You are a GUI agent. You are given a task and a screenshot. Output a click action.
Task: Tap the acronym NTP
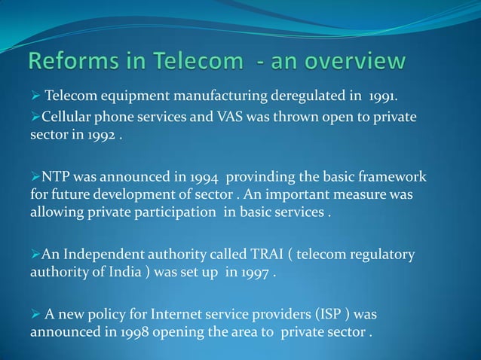[x=57, y=178]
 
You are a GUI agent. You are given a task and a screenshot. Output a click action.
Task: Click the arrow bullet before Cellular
[x=35, y=117]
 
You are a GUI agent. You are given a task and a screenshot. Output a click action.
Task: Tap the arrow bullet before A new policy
[x=35, y=313]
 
